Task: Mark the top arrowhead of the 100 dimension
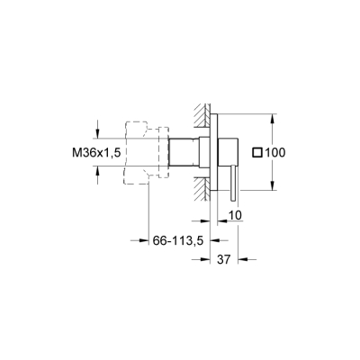pyautogui.click(x=273, y=116)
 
